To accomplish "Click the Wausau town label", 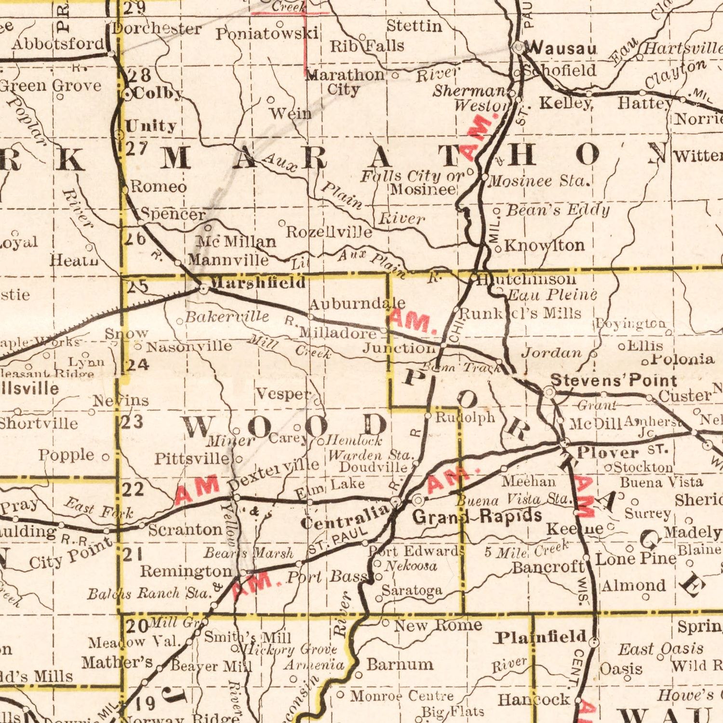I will click(x=562, y=48).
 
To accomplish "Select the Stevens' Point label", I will click(x=614, y=380).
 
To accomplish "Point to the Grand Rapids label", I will click(x=477, y=517).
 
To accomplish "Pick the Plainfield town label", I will click(x=541, y=638).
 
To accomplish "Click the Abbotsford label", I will click(x=58, y=44).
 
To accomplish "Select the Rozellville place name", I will click(x=329, y=232).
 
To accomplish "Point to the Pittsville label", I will click(x=192, y=458).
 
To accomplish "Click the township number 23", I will click(x=131, y=422).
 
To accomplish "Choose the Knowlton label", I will click(x=545, y=245).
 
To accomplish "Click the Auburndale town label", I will click(x=357, y=304).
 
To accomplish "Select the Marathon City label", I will click(x=345, y=82).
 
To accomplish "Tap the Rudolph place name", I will click(x=465, y=417).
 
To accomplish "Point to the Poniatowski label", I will click(x=267, y=34).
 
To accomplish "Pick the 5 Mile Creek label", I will click(x=527, y=549).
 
